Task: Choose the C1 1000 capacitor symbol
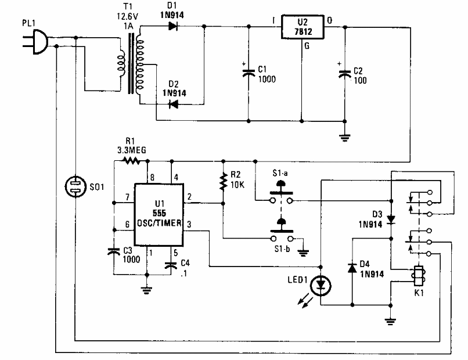pyautogui.click(x=249, y=73)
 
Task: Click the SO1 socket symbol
pyautogui.click(x=76, y=187)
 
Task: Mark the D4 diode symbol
pyautogui.click(x=352, y=267)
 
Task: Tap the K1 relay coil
pyautogui.click(x=416, y=275)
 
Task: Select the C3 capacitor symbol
pyautogui.click(x=114, y=253)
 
